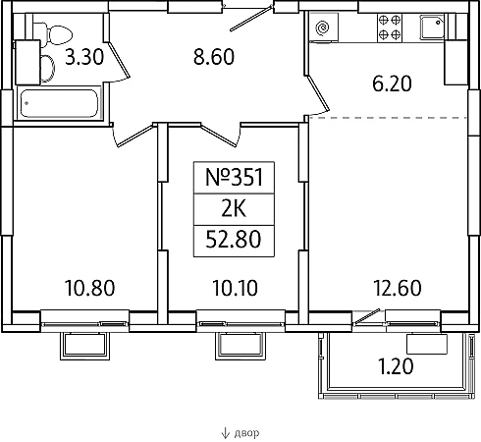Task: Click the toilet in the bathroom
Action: coord(53,34)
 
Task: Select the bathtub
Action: coord(59,103)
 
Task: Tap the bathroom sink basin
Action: coord(48,68)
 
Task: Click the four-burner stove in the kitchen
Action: coord(390,28)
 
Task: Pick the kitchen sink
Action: coord(432,28)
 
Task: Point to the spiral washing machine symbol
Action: coord(323,28)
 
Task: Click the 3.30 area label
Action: coord(84,56)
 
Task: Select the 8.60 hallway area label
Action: coord(214,57)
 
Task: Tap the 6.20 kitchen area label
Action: coord(392,83)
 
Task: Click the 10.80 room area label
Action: coord(90,288)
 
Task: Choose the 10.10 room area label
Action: coord(236,288)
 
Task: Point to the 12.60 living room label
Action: coord(398,288)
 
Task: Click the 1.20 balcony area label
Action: coord(396,366)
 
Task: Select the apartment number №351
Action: coord(234,177)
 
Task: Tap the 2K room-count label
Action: coord(234,209)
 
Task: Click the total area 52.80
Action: coord(234,240)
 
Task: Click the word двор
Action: coord(246,433)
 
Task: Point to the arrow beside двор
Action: coord(225,433)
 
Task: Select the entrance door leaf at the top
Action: coord(251,19)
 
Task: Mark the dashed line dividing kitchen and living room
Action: coord(388,117)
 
